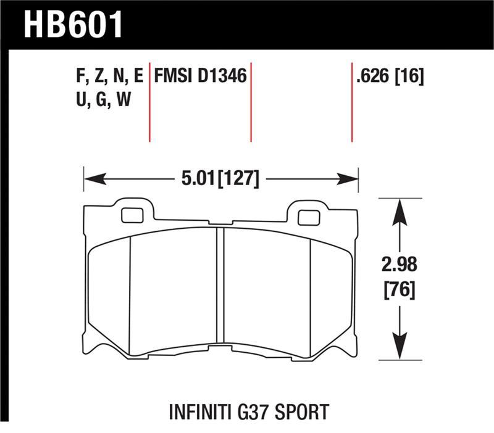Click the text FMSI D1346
coord(201,76)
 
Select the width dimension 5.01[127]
coord(220,179)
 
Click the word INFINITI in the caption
coord(204,411)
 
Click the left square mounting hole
coord(131,215)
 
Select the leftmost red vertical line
coord(150,102)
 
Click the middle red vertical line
coord(251,102)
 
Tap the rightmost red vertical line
coord(351,102)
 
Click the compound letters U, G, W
coord(102,98)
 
